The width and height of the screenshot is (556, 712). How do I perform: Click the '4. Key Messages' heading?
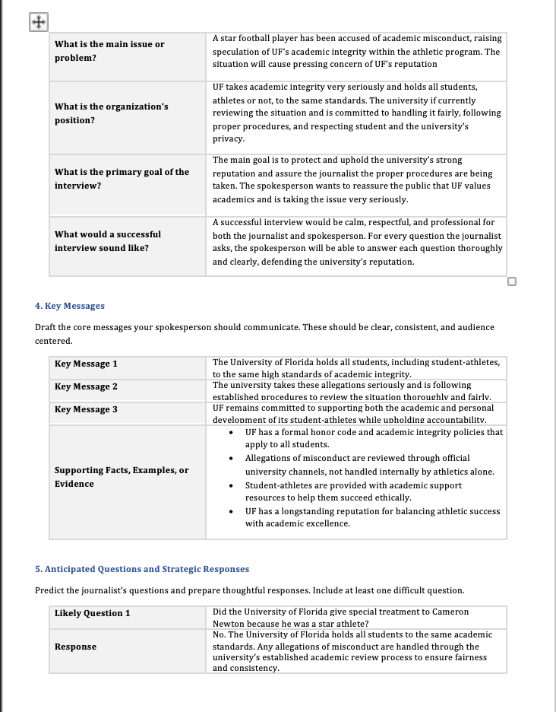70,306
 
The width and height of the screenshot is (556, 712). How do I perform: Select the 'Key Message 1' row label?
86,364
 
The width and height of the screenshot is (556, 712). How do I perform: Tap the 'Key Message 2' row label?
86,386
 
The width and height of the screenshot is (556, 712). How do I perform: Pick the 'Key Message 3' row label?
86,409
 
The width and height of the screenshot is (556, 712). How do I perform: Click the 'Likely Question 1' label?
92,613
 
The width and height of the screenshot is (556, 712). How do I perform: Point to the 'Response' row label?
75,647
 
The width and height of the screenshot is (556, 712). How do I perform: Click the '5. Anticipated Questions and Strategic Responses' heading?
142,569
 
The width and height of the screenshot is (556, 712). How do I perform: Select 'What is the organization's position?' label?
111,113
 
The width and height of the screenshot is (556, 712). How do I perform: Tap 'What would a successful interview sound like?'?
107,241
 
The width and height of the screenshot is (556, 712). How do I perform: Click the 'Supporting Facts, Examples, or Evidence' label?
122,477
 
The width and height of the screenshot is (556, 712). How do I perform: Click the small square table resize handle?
512,281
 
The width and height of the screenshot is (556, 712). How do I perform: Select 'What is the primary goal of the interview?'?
122,179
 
